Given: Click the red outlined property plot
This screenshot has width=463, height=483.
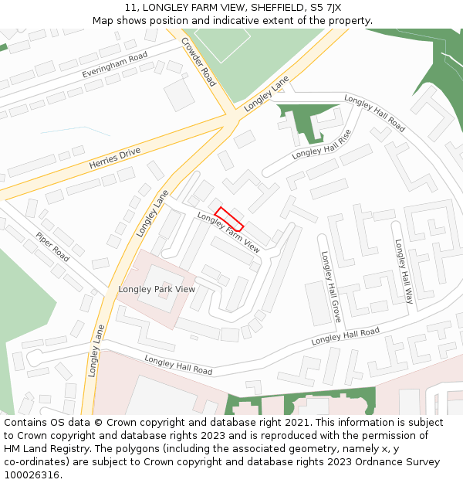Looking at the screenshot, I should [228, 219].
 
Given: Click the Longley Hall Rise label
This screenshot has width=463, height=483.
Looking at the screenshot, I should [321, 145].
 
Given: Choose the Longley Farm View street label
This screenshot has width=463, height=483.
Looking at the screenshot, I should [228, 233].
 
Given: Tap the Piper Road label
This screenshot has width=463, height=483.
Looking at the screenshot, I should [52, 247].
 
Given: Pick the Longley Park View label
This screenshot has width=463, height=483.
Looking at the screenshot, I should [157, 289].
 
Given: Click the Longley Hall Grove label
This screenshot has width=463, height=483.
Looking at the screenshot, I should [330, 286].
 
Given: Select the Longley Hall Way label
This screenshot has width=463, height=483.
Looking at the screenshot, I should [404, 270].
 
